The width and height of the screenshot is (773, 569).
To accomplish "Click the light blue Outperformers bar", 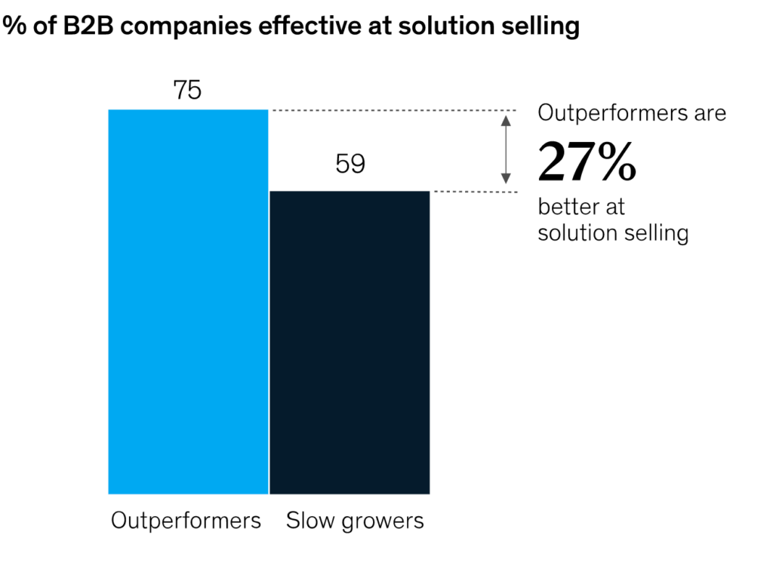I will tap(188, 302).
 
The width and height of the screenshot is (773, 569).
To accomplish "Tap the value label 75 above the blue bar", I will tap(187, 91).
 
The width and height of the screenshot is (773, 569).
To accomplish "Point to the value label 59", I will tap(350, 165).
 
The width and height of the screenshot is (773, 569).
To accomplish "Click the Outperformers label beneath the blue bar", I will tap(186, 521).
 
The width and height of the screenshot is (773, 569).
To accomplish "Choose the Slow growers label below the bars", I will tap(355, 521).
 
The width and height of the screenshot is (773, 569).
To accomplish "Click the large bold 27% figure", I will tap(587, 162).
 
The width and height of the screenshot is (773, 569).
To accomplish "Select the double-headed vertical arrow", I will tap(506, 149).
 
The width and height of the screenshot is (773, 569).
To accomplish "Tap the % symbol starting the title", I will tap(11, 26).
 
